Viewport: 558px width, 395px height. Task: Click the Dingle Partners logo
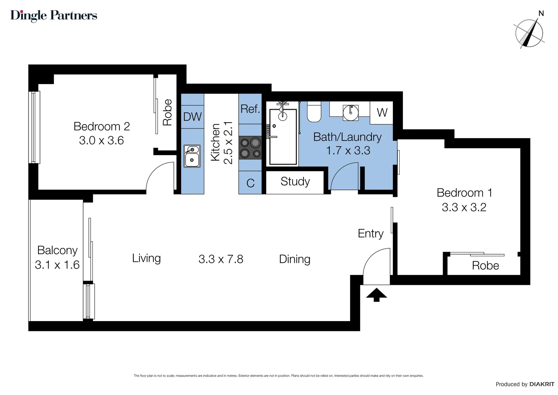tap(54, 15)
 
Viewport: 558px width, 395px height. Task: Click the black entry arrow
tap(377, 295)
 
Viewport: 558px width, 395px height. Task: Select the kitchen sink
tap(192, 156)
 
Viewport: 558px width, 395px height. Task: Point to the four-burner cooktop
tap(250, 148)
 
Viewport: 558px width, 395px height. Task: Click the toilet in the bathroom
tap(314, 112)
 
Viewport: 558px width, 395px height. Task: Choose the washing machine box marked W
tap(382, 113)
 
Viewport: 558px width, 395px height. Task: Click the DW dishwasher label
tap(192, 117)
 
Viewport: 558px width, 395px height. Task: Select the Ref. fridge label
tap(250, 109)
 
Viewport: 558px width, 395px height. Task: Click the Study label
tap(295, 181)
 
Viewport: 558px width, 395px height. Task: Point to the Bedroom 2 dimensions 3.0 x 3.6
tap(102, 140)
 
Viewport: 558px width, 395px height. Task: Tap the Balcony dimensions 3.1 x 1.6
tap(57, 265)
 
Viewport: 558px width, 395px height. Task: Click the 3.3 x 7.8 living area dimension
tap(221, 259)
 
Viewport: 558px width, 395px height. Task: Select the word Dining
tap(295, 259)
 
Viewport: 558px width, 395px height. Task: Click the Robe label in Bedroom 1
tap(485, 266)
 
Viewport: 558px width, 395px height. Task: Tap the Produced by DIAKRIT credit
tap(525, 384)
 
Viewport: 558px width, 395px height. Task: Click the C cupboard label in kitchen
tap(250, 183)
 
